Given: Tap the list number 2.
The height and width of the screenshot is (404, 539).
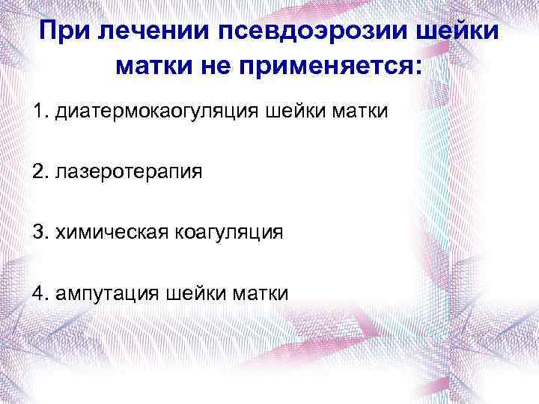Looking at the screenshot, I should coord(39,172).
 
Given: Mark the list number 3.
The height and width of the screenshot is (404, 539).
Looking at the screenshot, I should coord(39,232).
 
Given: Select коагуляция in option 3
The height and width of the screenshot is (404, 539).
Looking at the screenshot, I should coord(228,232).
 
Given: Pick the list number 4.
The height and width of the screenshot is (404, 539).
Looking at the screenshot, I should coord(39,292).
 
